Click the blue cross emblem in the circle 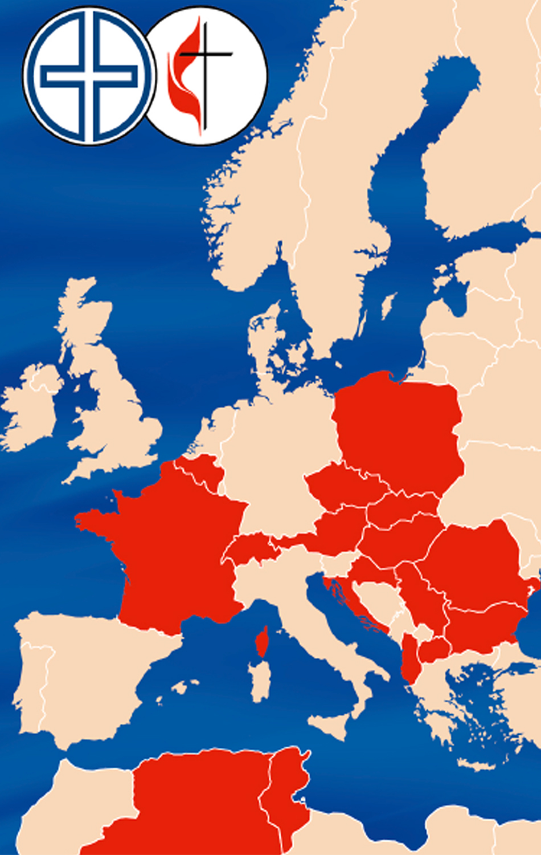pyautogui.click(x=89, y=75)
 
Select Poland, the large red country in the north pyautogui.click(x=399, y=427)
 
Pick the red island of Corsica pyautogui.click(x=263, y=641)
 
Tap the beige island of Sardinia pyautogui.click(x=260, y=681)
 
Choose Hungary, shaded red pyautogui.click(x=399, y=541)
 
